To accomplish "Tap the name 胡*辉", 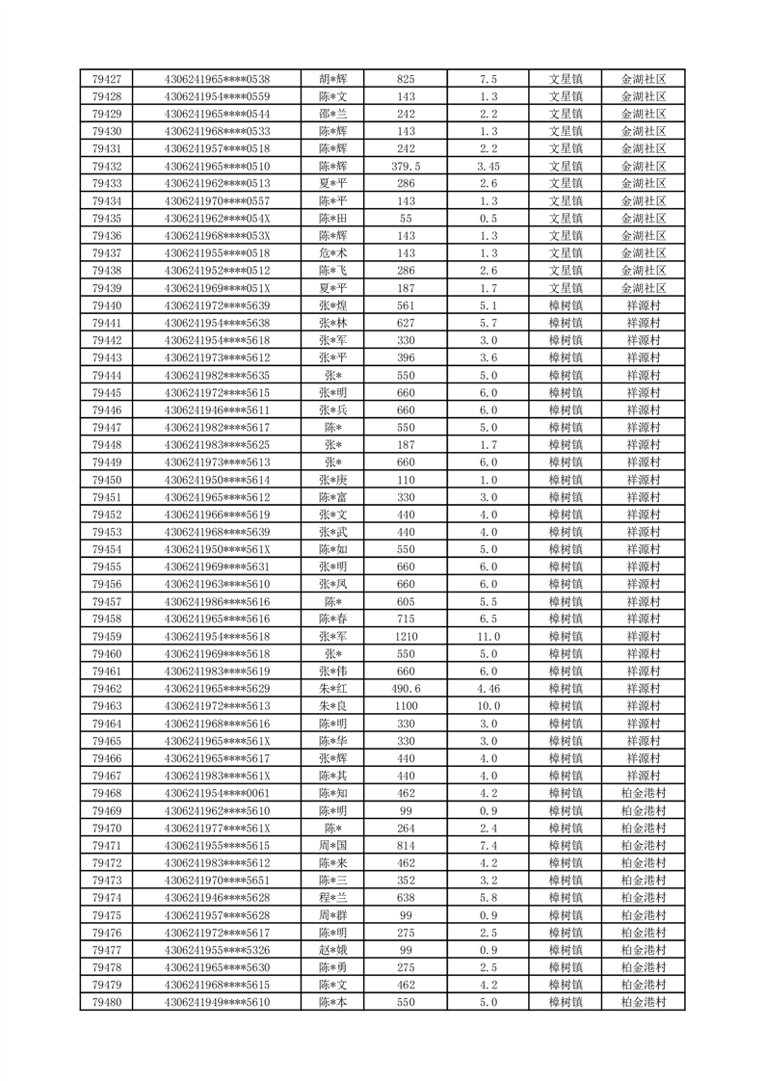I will coord(332,79).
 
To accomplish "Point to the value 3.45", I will coord(488,167).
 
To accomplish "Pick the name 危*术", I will coord(332,253).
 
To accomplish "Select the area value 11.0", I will coord(488,637).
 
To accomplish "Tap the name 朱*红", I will coord(332,689).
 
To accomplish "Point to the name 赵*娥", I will coord(332,950).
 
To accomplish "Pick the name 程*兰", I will coord(332,898).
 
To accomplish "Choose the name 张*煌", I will coord(332,305).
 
